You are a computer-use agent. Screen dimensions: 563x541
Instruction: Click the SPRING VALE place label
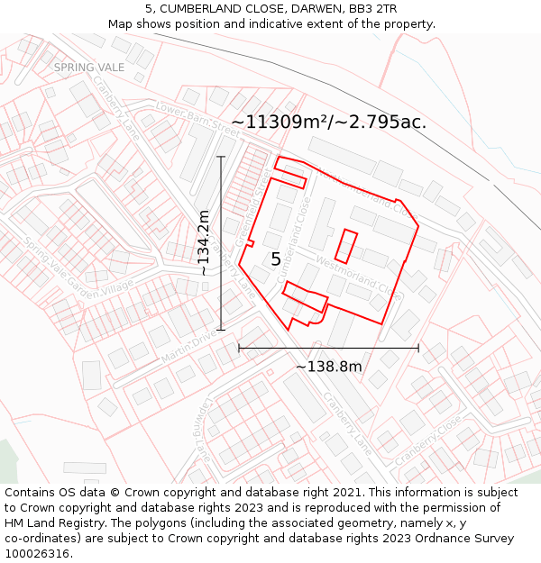pyautogui.click(x=77, y=67)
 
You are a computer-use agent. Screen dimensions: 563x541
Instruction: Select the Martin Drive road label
pyautogui.click(x=189, y=347)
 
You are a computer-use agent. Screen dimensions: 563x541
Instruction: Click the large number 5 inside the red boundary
pyautogui.click(x=276, y=259)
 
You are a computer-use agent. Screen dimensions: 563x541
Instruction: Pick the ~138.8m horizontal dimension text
pyautogui.click(x=328, y=366)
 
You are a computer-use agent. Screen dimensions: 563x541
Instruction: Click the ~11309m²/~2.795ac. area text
pyautogui.click(x=328, y=122)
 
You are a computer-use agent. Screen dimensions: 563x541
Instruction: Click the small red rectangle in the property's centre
pyautogui.click(x=346, y=246)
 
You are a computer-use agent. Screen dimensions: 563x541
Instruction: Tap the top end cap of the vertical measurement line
pyautogui.click(x=221, y=156)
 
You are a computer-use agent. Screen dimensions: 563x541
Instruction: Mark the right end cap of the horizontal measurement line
pyautogui.click(x=418, y=348)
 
